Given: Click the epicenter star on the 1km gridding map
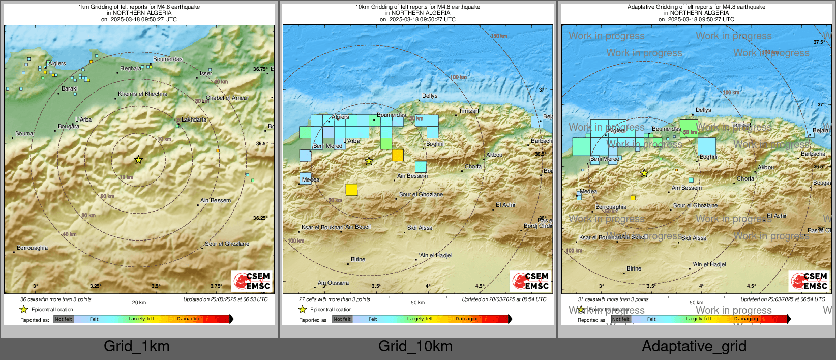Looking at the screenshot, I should [138, 160].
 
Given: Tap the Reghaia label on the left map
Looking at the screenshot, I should [131, 69].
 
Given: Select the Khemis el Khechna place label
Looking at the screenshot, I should [142, 94].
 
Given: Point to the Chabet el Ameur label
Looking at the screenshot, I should [227, 98].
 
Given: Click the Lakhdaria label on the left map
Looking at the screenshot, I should [194, 120].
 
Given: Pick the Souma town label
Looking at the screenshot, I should [24, 134].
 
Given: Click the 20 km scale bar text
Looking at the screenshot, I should [139, 303].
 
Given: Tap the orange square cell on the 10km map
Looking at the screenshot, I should [398, 155].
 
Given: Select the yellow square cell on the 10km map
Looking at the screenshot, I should [351, 190].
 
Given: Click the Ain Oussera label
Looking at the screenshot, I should [334, 283].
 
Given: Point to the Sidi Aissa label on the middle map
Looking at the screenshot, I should [420, 228].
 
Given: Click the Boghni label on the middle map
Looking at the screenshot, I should [435, 144].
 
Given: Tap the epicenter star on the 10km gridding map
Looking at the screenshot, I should [369, 161].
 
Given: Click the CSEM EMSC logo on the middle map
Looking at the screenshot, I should [530, 281].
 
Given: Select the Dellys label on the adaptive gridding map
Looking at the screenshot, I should [703, 110].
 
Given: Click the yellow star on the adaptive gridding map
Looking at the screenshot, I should [644, 173].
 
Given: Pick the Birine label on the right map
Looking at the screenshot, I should [634, 269].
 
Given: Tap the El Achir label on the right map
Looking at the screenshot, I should [777, 216].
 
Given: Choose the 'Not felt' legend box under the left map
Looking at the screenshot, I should [64, 319].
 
